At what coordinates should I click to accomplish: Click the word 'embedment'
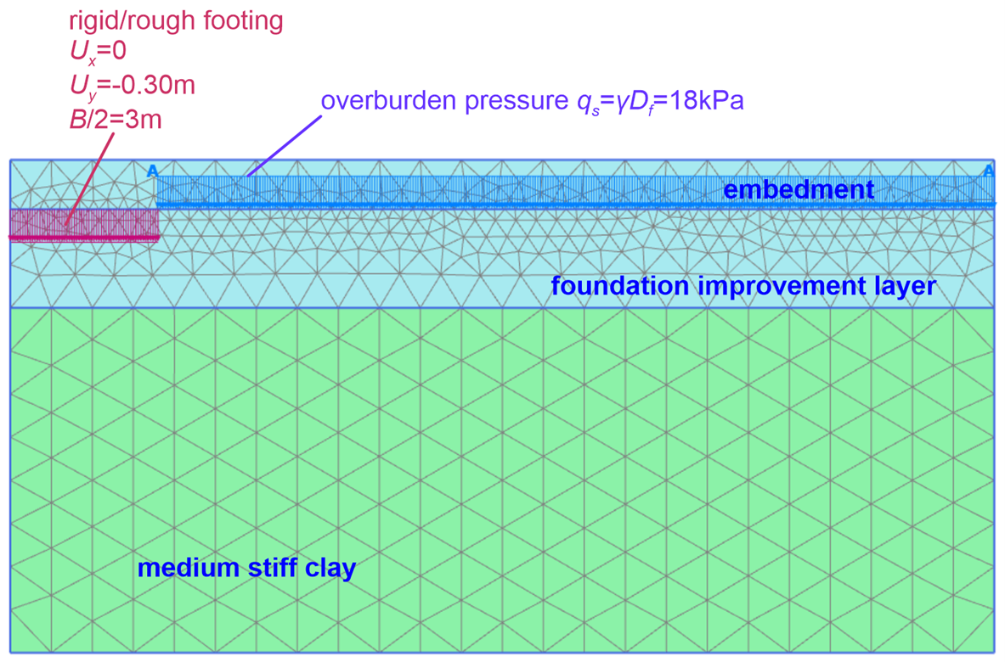click(799, 189)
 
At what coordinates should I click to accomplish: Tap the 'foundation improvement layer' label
click(743, 285)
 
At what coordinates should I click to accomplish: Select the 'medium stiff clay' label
click(246, 568)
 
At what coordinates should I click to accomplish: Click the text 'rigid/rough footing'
click(176, 21)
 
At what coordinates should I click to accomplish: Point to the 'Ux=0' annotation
click(98, 51)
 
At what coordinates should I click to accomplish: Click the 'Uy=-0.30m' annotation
click(132, 86)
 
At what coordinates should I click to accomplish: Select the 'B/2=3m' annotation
click(116, 120)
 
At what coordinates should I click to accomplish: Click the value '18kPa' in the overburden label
click(706, 100)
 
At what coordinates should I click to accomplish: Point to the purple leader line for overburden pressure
click(285, 146)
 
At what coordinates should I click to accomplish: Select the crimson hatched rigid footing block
click(84, 224)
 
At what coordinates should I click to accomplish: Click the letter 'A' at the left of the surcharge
click(152, 171)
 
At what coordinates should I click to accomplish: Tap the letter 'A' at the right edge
click(989, 171)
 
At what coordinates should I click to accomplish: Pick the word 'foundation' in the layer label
click(620, 285)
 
